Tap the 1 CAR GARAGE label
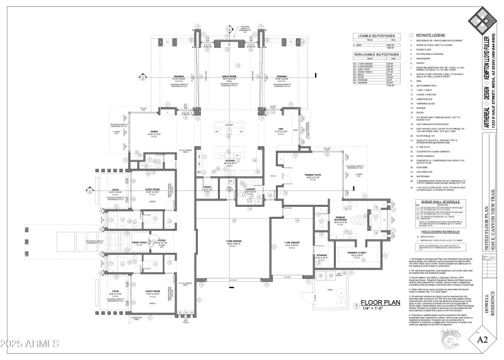click(x=291, y=242)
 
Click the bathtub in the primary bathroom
click(x=360, y=221)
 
